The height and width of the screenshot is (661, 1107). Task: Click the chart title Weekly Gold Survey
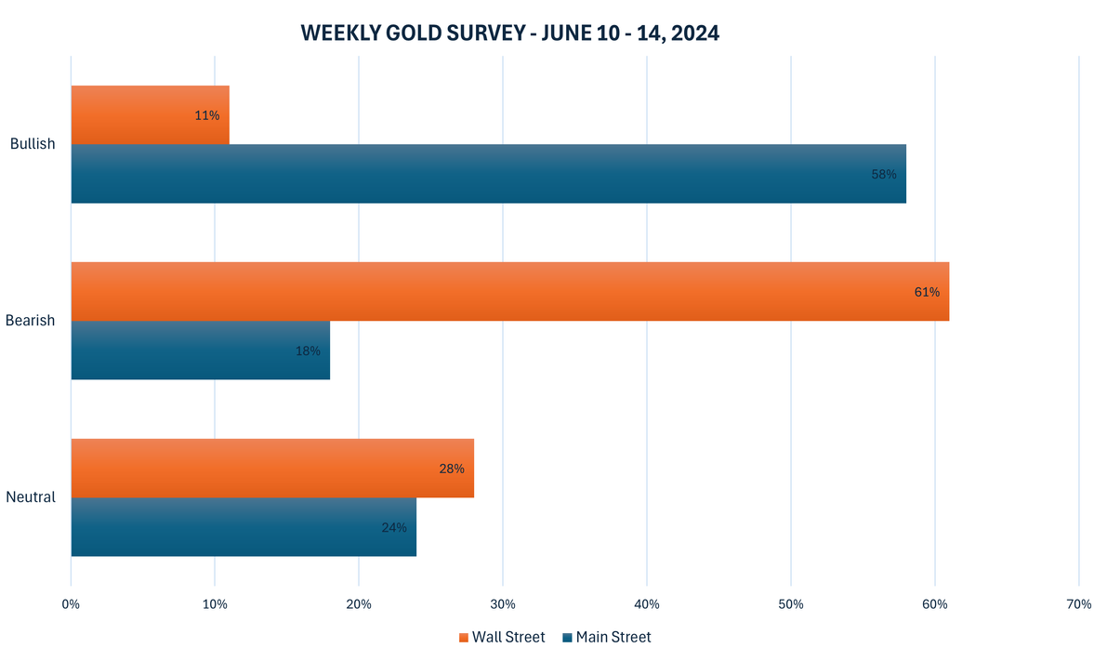pyautogui.click(x=510, y=33)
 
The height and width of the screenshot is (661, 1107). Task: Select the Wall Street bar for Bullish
pyautogui.click(x=149, y=114)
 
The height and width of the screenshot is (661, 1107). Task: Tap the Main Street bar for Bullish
pyautogui.click(x=488, y=174)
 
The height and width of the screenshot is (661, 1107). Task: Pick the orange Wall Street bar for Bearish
pyautogui.click(x=509, y=291)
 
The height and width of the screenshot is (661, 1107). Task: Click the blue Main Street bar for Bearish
pyautogui.click(x=200, y=350)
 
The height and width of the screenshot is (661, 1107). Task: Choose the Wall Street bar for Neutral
pyautogui.click(x=271, y=468)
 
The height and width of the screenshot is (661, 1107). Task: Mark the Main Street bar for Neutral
pyautogui.click(x=243, y=527)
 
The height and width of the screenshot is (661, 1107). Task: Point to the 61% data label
pyautogui.click(x=927, y=292)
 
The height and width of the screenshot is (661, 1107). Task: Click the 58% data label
pyautogui.click(x=884, y=174)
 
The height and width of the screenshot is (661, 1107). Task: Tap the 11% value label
pyautogui.click(x=207, y=115)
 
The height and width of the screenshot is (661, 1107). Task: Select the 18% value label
pyautogui.click(x=308, y=350)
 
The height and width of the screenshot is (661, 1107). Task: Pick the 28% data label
pyautogui.click(x=452, y=469)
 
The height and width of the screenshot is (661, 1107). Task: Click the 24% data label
pyautogui.click(x=394, y=527)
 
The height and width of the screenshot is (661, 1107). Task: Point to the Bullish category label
pyautogui.click(x=33, y=144)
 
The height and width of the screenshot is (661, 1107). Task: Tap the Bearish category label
pyautogui.click(x=31, y=321)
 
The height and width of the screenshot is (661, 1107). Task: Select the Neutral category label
pyautogui.click(x=31, y=497)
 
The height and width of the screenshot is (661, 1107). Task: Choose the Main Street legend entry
pyautogui.click(x=606, y=638)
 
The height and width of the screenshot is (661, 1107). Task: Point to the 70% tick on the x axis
pyautogui.click(x=1079, y=604)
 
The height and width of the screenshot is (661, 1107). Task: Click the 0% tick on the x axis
pyautogui.click(x=71, y=604)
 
